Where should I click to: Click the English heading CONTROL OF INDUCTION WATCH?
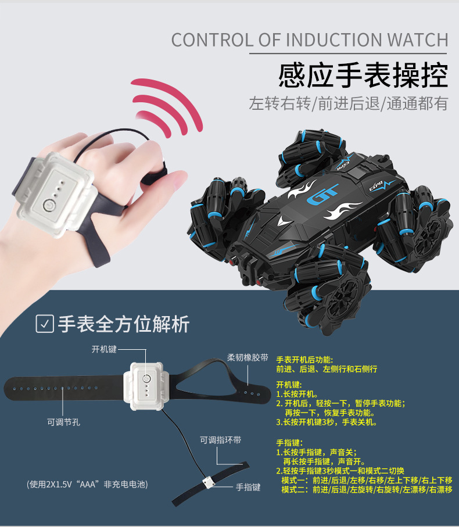click(x=310, y=40)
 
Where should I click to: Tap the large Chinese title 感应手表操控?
click(x=363, y=75)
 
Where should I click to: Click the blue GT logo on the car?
click(x=322, y=194)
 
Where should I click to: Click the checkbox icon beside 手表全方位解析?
click(x=45, y=324)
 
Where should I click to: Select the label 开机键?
click(x=104, y=349)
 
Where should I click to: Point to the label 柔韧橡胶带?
click(x=248, y=357)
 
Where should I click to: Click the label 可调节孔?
click(x=63, y=422)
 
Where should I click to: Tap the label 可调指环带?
click(x=220, y=440)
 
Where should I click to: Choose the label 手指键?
click(x=248, y=487)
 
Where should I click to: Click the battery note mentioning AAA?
click(x=87, y=485)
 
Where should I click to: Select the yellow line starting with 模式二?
click(x=367, y=490)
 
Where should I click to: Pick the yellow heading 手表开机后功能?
click(x=304, y=360)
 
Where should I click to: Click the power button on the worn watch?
click(x=48, y=205)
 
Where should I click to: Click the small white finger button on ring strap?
click(x=208, y=483)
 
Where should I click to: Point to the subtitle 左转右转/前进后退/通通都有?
click(x=349, y=103)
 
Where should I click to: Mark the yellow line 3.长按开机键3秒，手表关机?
click(x=327, y=422)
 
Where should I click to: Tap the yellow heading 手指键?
click(x=289, y=443)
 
